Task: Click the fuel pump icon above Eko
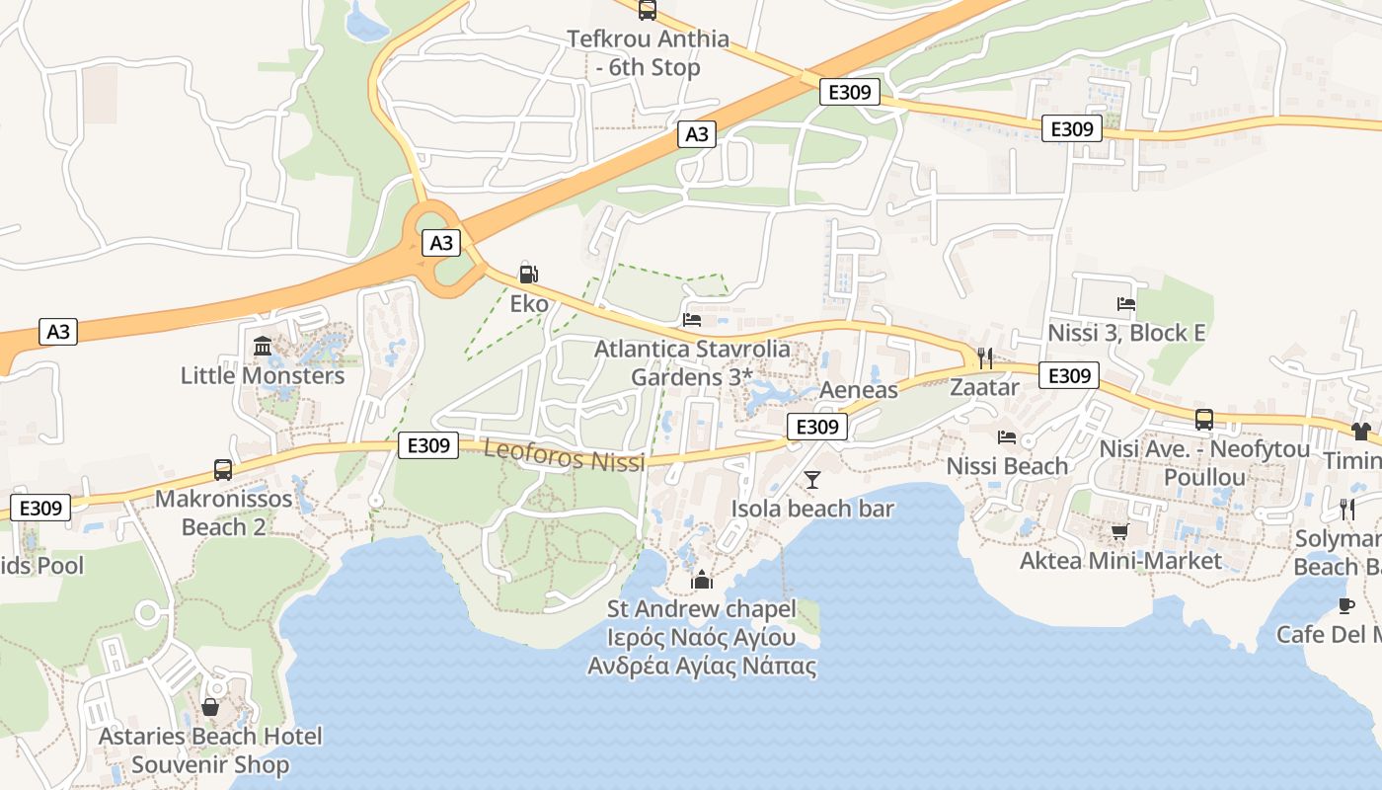pyautogui.click(x=528, y=274)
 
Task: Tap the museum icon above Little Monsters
pyautogui.click(x=263, y=347)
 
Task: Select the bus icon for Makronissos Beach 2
pyautogui.click(x=223, y=469)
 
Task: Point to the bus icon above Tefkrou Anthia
pyautogui.click(x=647, y=10)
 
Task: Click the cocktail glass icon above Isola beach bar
pyautogui.click(x=811, y=480)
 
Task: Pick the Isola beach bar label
pyautogui.click(x=811, y=509)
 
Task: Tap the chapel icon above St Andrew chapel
pyautogui.click(x=702, y=580)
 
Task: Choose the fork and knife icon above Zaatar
pyautogui.click(x=983, y=357)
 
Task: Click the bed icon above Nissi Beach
pyautogui.click(x=1007, y=436)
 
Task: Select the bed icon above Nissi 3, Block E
pyautogui.click(x=1126, y=303)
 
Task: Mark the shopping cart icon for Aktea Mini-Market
pyautogui.click(x=1119, y=532)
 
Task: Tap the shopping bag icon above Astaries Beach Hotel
pyautogui.click(x=210, y=707)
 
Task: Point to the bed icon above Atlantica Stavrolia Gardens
pyautogui.click(x=692, y=320)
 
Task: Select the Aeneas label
pyautogui.click(x=859, y=390)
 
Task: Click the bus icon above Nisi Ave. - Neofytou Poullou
pyautogui.click(x=1204, y=420)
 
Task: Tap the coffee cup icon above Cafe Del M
pyautogui.click(x=1345, y=605)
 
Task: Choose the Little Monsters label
pyautogui.click(x=263, y=375)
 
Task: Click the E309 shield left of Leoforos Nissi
pyautogui.click(x=428, y=445)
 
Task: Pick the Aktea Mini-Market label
pyautogui.click(x=1120, y=561)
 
